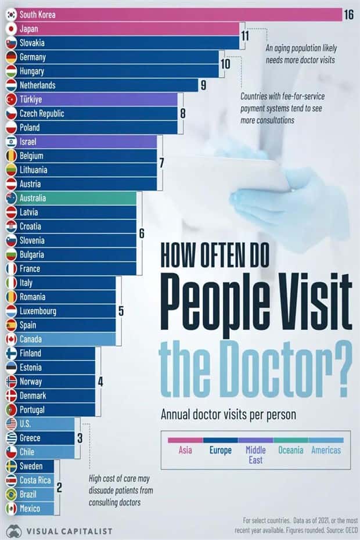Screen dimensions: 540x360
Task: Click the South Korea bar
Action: click(174, 15)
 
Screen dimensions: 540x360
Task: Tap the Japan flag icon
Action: click(11, 28)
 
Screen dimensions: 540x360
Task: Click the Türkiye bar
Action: click(93, 99)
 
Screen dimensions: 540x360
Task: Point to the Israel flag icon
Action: click(11, 142)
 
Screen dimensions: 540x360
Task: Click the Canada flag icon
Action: click(11, 339)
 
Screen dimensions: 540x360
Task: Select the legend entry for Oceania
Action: click(290, 450)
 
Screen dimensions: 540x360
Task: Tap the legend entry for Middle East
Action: click(255, 455)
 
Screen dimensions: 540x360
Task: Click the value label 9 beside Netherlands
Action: click(203, 85)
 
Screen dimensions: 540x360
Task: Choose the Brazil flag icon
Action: click(11, 495)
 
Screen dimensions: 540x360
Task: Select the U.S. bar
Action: click(41, 424)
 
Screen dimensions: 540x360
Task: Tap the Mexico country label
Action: click(30, 509)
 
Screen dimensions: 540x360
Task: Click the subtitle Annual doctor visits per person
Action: click(228, 415)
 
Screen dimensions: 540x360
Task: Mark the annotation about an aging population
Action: click(301, 54)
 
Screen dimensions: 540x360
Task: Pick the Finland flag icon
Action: click(11, 353)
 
